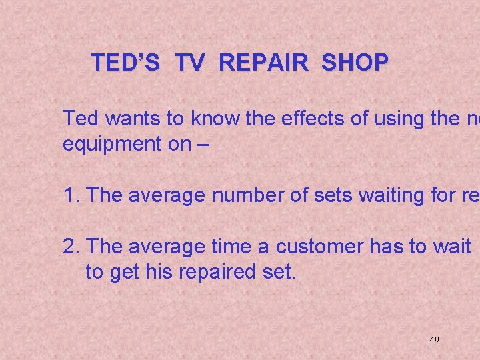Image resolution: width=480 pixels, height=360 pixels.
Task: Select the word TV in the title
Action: click(190, 63)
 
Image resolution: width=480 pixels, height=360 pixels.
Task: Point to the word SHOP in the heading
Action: click(354, 63)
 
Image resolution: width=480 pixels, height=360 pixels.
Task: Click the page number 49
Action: click(434, 340)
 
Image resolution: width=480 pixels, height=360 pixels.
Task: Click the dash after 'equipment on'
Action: click(202, 145)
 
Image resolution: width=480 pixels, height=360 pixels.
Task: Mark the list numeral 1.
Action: click(69, 195)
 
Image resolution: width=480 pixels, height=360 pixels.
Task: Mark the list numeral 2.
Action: click(69, 246)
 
